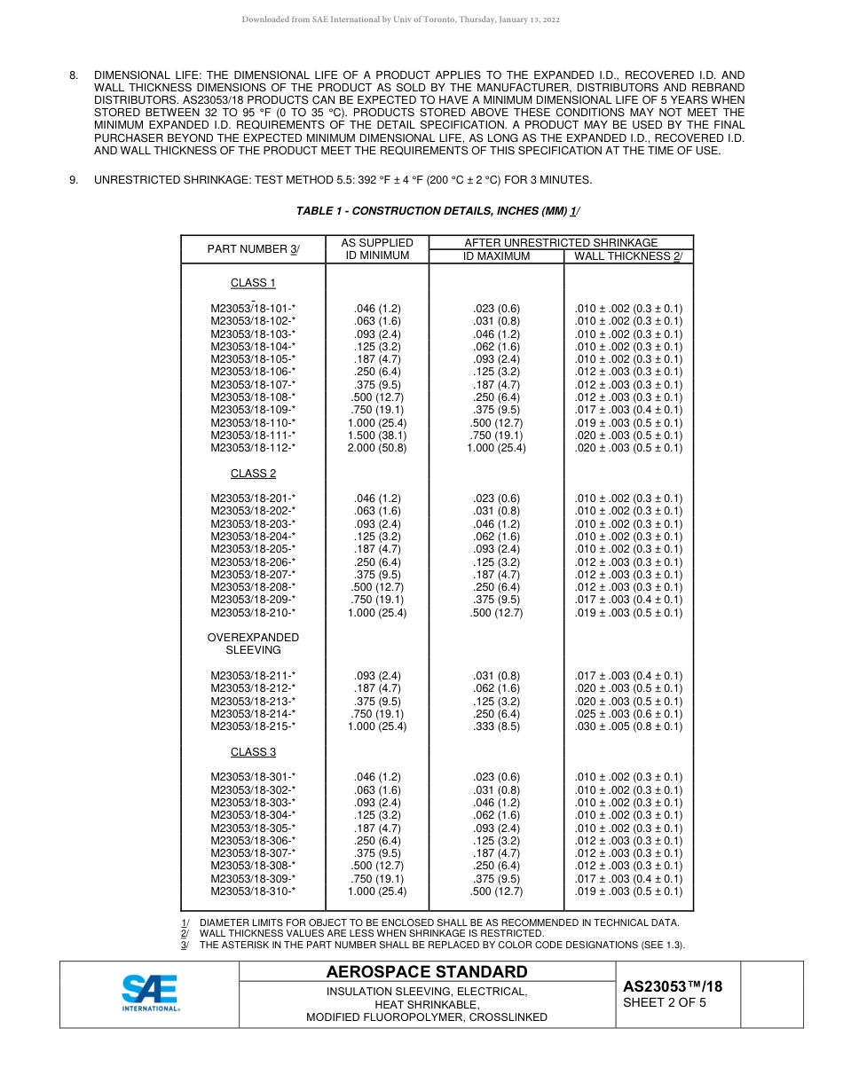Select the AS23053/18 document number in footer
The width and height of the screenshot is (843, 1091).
tap(672, 986)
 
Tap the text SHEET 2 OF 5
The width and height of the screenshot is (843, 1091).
tap(665, 1003)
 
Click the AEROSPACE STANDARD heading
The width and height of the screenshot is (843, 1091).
tap(426, 972)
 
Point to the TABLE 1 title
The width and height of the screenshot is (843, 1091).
tap(437, 211)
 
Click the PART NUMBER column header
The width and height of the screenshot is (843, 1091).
tap(253, 249)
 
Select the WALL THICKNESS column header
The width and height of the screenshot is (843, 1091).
tap(627, 256)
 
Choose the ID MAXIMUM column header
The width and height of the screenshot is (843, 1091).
tap(496, 256)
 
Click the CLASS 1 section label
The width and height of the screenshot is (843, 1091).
tap(253, 283)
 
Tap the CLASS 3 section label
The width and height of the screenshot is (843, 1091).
tap(253, 752)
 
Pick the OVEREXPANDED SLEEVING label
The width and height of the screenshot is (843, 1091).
tap(253, 644)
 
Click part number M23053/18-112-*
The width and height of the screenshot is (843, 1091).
tap(253, 448)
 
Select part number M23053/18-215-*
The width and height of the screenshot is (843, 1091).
tap(253, 726)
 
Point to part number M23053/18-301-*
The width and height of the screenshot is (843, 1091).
tap(253, 778)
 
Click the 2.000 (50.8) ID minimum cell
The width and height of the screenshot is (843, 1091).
tap(377, 448)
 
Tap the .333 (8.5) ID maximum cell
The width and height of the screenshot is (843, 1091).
tap(496, 726)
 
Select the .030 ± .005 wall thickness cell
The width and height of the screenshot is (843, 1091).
tap(628, 726)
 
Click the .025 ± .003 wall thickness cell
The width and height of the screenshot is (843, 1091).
tap(628, 714)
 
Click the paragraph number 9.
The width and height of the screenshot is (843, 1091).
tap(75, 180)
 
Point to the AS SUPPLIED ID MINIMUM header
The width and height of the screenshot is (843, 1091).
tap(377, 249)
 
